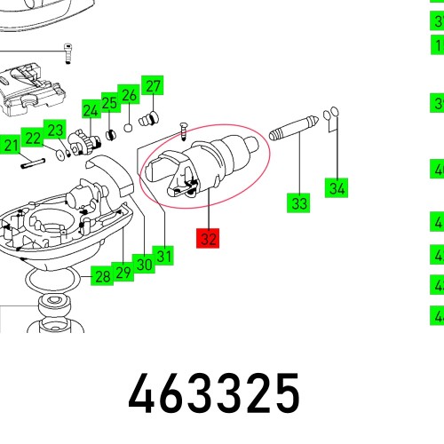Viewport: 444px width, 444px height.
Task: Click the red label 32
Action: tap(208, 239)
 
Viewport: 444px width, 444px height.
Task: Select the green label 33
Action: tap(299, 203)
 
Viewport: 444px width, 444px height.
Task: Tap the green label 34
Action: tap(337, 187)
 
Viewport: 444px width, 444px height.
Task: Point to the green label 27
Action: tap(154, 86)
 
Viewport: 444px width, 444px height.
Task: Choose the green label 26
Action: tap(130, 94)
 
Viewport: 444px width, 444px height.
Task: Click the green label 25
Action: tap(109, 103)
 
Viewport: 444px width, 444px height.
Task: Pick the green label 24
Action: tap(91, 111)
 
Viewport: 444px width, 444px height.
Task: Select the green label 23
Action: tap(55, 131)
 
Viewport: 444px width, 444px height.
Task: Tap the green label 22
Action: tap(33, 138)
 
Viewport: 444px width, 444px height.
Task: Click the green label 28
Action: tap(103, 276)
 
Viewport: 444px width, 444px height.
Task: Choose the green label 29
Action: tap(123, 271)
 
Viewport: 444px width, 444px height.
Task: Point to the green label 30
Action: tap(144, 264)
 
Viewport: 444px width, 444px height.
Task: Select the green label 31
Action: tap(164, 257)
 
